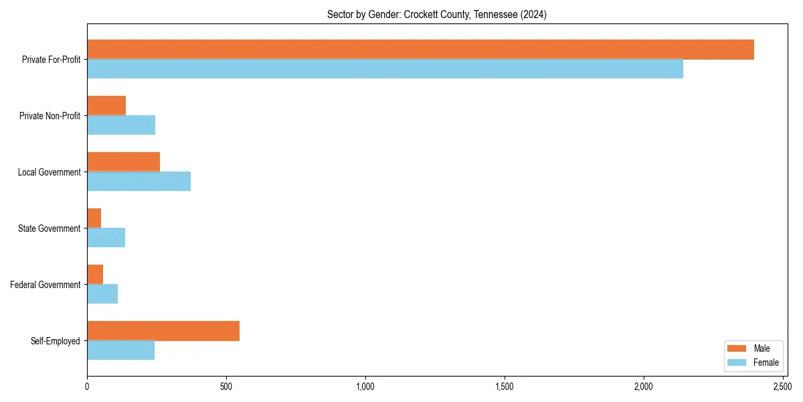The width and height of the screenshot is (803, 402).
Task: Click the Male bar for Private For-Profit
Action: point(420,50)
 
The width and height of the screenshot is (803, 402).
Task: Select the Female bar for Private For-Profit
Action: point(385,69)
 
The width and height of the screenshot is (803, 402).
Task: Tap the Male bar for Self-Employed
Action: point(163,331)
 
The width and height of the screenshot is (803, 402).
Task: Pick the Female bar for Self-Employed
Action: point(120,350)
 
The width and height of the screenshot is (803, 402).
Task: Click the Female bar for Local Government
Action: point(139,182)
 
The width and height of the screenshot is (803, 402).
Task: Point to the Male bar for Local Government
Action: point(123,162)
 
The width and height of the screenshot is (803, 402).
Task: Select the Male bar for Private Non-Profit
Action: point(106,106)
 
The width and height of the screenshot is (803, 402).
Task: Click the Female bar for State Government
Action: point(106,238)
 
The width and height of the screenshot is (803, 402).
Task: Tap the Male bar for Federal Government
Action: point(95,275)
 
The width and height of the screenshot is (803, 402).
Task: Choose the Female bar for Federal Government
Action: point(102,294)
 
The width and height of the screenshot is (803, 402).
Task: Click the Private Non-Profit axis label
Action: point(50,116)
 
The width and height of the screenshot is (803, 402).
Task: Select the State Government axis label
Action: point(50,228)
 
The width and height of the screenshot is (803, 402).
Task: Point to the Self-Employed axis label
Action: point(56,341)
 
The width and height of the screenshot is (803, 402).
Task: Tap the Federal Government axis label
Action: point(46,285)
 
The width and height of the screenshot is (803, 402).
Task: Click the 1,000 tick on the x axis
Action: point(365,387)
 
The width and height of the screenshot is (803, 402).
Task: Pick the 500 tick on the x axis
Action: point(226,387)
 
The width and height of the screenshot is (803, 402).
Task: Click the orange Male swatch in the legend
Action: point(736,348)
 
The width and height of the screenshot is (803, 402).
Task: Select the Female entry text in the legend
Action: point(766,362)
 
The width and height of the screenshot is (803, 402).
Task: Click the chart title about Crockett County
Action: point(436,15)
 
